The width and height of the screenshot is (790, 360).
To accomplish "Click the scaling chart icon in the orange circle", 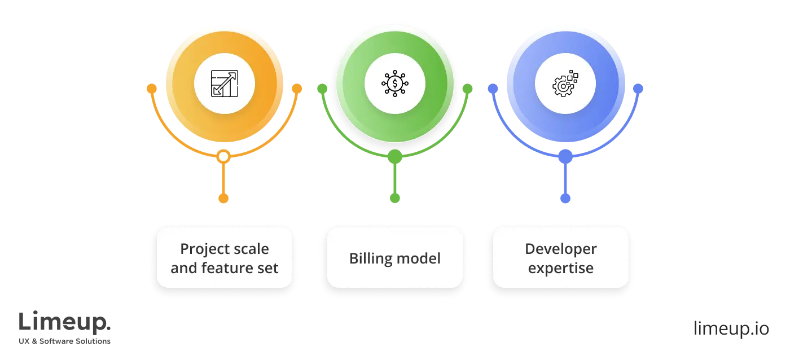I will click(224, 84).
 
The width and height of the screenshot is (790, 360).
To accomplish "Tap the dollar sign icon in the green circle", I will click(395, 84).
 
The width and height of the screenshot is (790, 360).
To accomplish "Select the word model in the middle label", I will click(418, 258).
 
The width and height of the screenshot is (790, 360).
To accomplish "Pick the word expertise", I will click(560, 267).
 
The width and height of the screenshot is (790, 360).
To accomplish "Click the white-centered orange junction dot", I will click(224, 156).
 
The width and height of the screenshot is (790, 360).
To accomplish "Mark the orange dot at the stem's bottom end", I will click(224, 197).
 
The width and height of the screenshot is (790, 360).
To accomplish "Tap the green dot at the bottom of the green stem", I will click(395, 197).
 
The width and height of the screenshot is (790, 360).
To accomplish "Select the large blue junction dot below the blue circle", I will click(565, 156).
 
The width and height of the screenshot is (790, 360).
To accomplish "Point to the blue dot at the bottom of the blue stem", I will click(565, 198).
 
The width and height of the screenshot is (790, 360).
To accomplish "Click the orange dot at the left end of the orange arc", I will click(151, 89).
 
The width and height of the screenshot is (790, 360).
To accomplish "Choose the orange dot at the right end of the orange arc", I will click(297, 89).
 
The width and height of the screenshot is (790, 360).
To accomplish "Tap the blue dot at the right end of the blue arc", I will click(638, 89).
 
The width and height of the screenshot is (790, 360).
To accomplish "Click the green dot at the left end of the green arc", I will click(322, 89).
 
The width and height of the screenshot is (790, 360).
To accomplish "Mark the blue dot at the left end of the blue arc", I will click(493, 89).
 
